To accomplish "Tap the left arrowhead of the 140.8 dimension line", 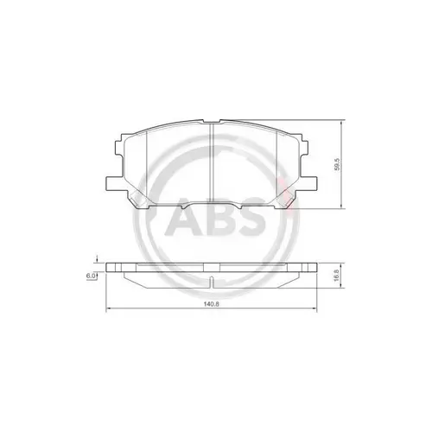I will coord(107,310).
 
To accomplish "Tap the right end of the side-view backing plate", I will coord(319,268).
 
